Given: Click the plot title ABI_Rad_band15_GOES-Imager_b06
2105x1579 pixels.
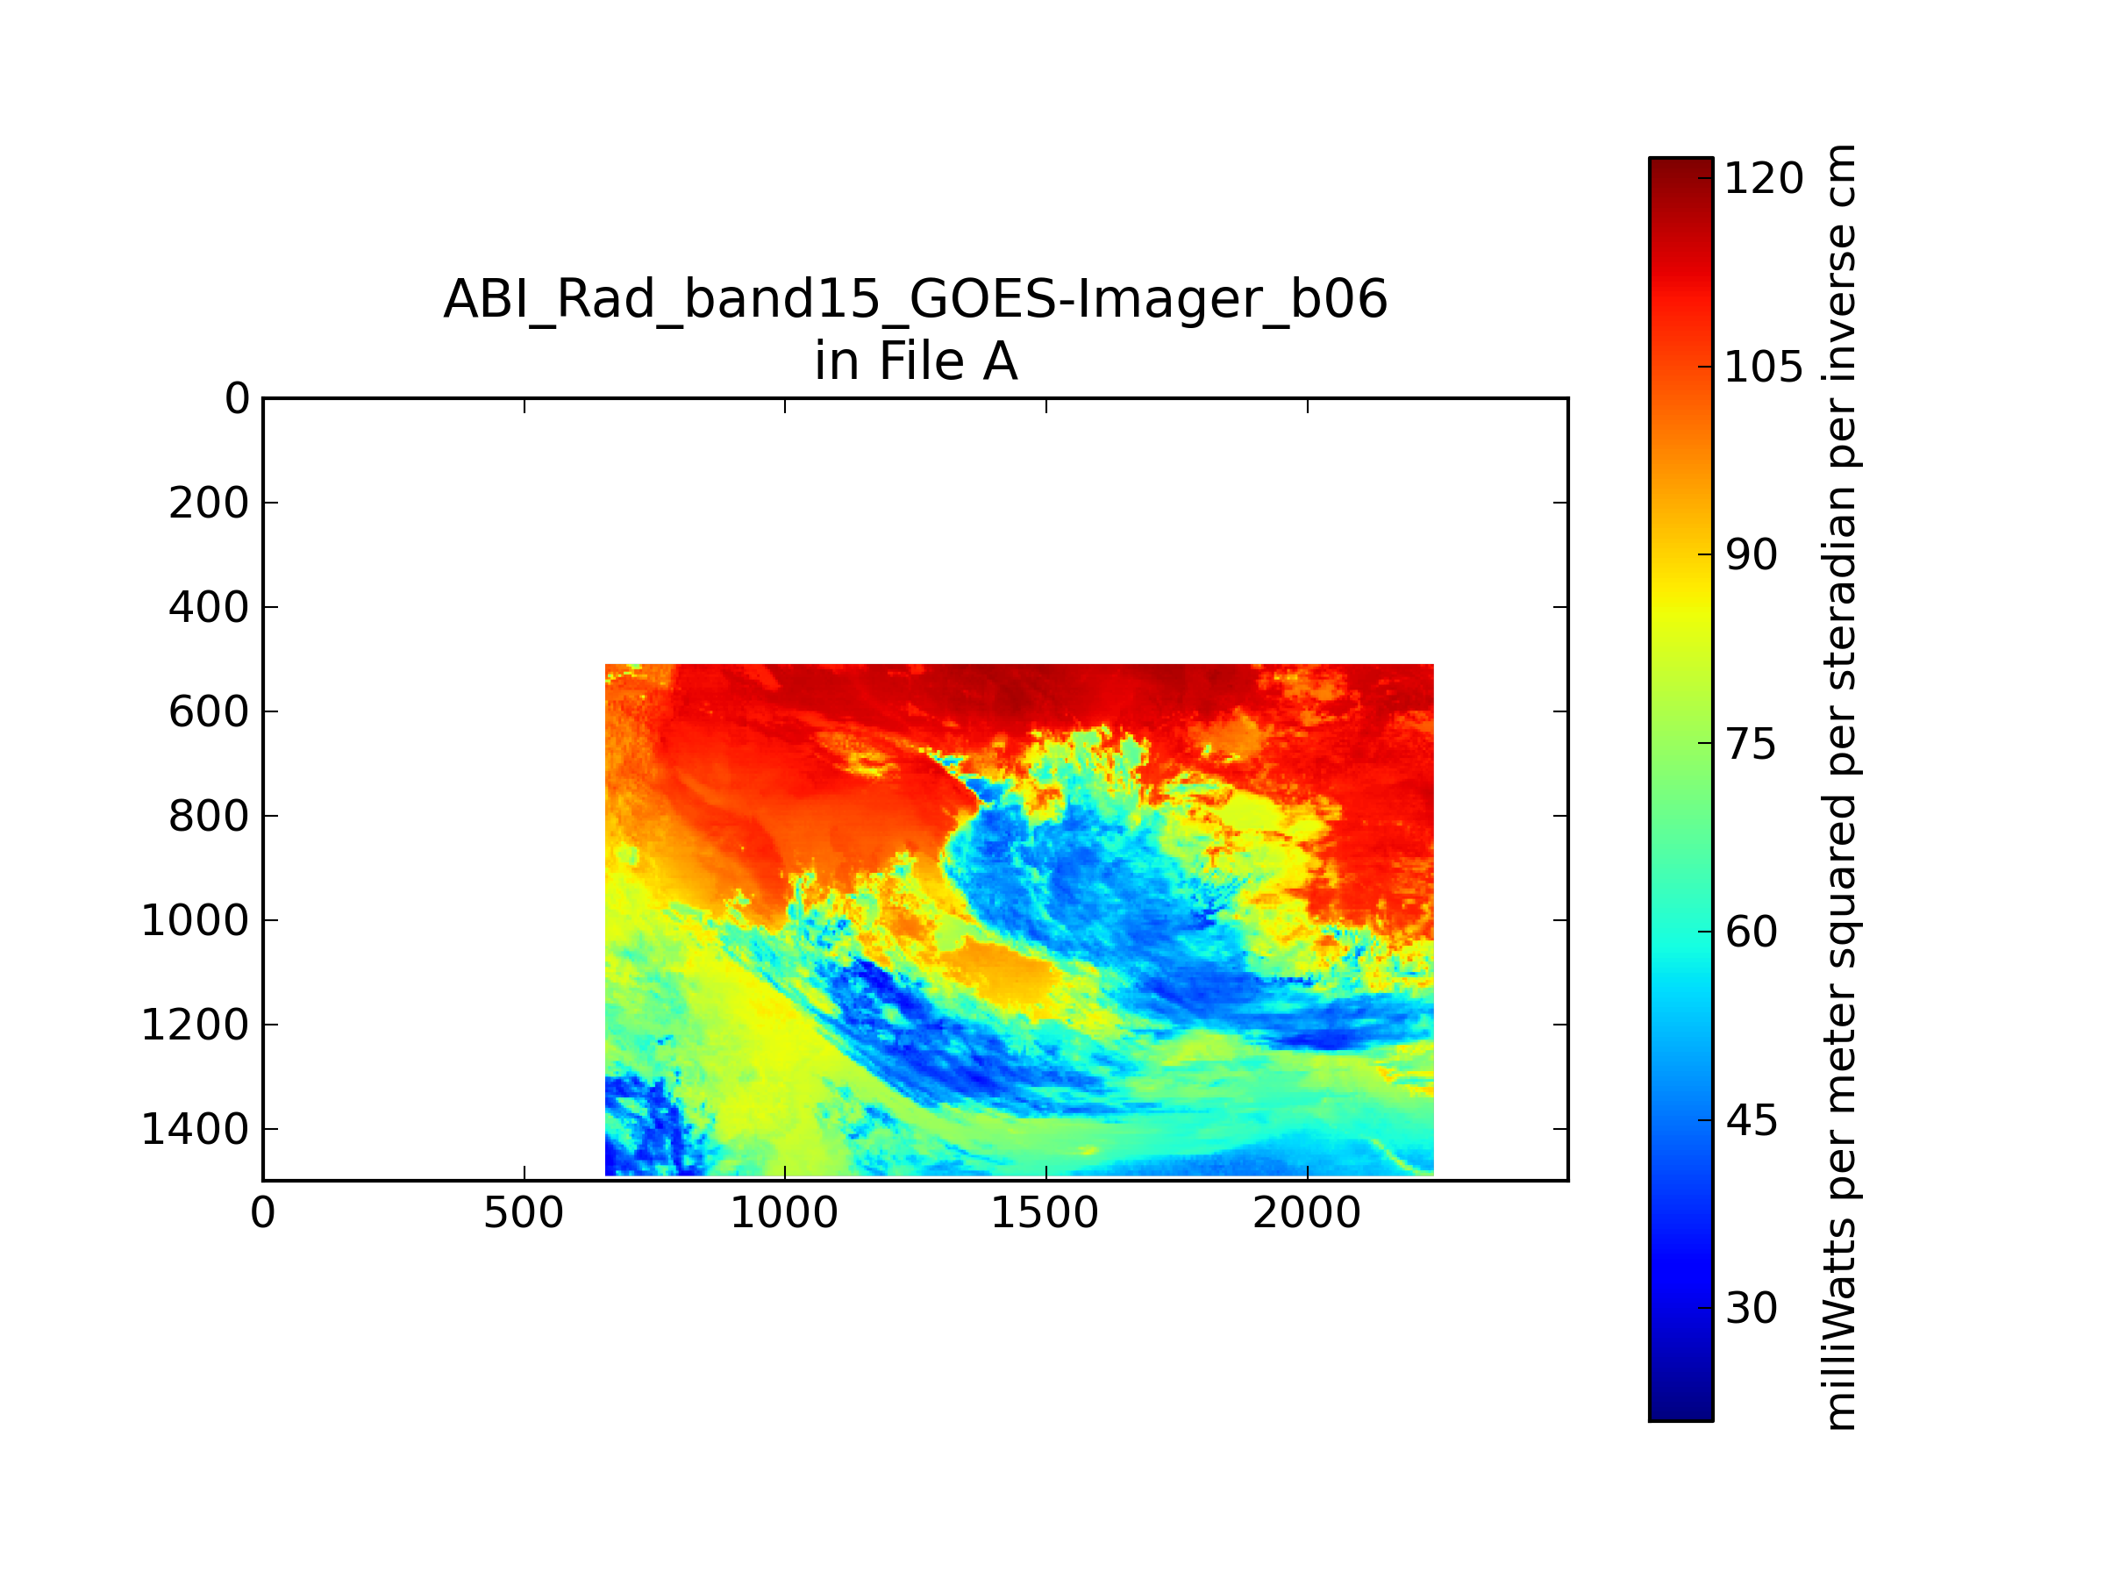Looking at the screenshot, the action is tap(916, 300).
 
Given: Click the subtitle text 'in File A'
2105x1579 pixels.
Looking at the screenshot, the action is tap(916, 361).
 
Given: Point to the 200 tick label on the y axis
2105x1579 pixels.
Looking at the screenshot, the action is tap(210, 504).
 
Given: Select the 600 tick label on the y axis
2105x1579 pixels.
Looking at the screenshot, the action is tap(210, 712).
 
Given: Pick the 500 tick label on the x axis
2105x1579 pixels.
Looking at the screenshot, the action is tap(524, 1213).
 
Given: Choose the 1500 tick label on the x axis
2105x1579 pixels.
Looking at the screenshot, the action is tap(1045, 1213).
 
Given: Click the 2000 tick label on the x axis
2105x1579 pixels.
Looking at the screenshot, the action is tap(1307, 1213).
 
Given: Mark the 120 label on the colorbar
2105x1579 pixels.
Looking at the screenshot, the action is tap(1763, 178).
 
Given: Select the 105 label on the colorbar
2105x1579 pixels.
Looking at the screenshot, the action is tap(1763, 367).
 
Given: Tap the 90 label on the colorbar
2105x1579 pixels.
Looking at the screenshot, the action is tap(1751, 555).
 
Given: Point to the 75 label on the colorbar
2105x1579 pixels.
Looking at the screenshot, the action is tap(1751, 743).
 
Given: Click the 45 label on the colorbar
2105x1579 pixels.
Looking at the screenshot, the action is tap(1751, 1120).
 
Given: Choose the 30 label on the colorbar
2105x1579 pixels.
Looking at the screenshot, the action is tap(1751, 1309).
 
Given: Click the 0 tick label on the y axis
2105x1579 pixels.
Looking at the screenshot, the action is tap(237, 399).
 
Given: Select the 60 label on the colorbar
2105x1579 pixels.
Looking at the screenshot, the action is tap(1751, 932).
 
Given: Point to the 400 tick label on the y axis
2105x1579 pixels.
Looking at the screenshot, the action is tap(210, 607).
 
